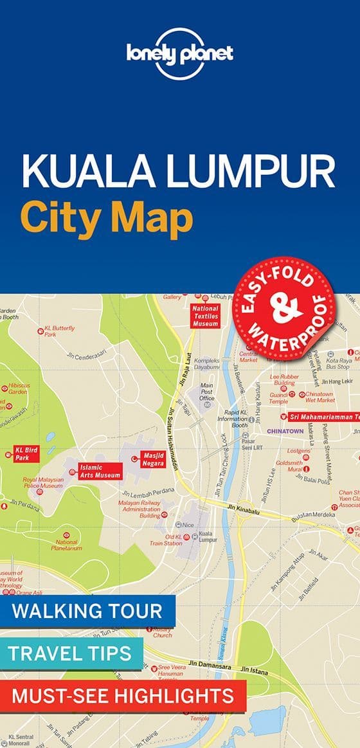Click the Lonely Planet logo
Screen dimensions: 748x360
point(179,54)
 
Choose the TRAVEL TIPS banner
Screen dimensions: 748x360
point(69,653)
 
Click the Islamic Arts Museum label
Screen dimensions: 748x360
point(100,471)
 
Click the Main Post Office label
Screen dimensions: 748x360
point(206,392)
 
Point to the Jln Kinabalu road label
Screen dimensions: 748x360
point(242,507)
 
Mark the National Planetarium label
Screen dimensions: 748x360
point(65,545)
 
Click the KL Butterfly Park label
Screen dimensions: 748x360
point(59,331)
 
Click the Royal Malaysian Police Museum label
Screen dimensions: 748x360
point(43,482)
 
